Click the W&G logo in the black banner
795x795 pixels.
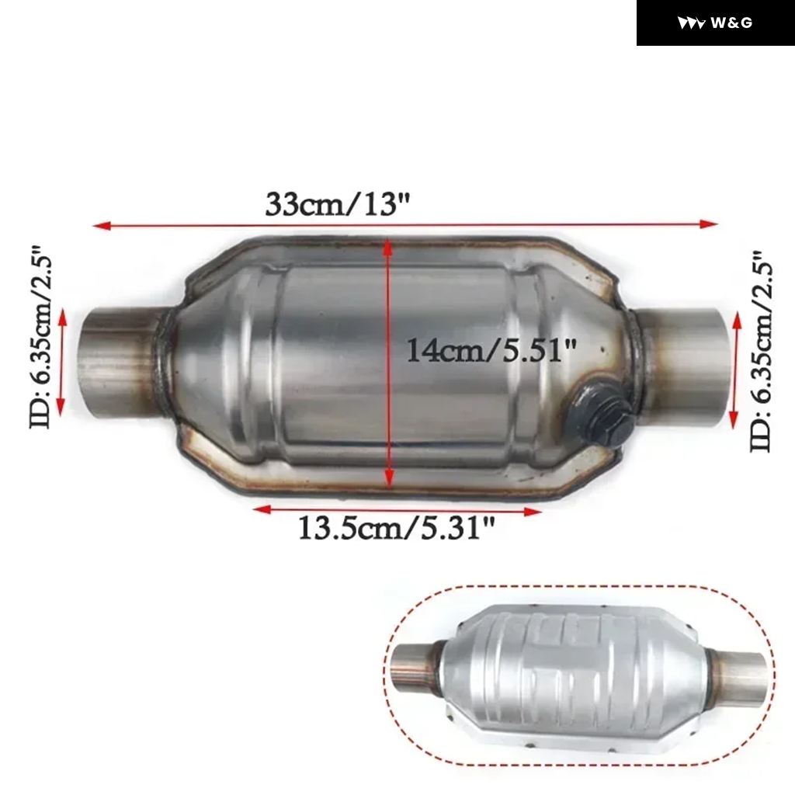(715, 23)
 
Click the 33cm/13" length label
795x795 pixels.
(337, 204)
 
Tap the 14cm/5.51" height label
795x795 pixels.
(491, 350)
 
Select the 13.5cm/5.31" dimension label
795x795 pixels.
(396, 528)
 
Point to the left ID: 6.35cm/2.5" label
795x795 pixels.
(40, 337)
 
